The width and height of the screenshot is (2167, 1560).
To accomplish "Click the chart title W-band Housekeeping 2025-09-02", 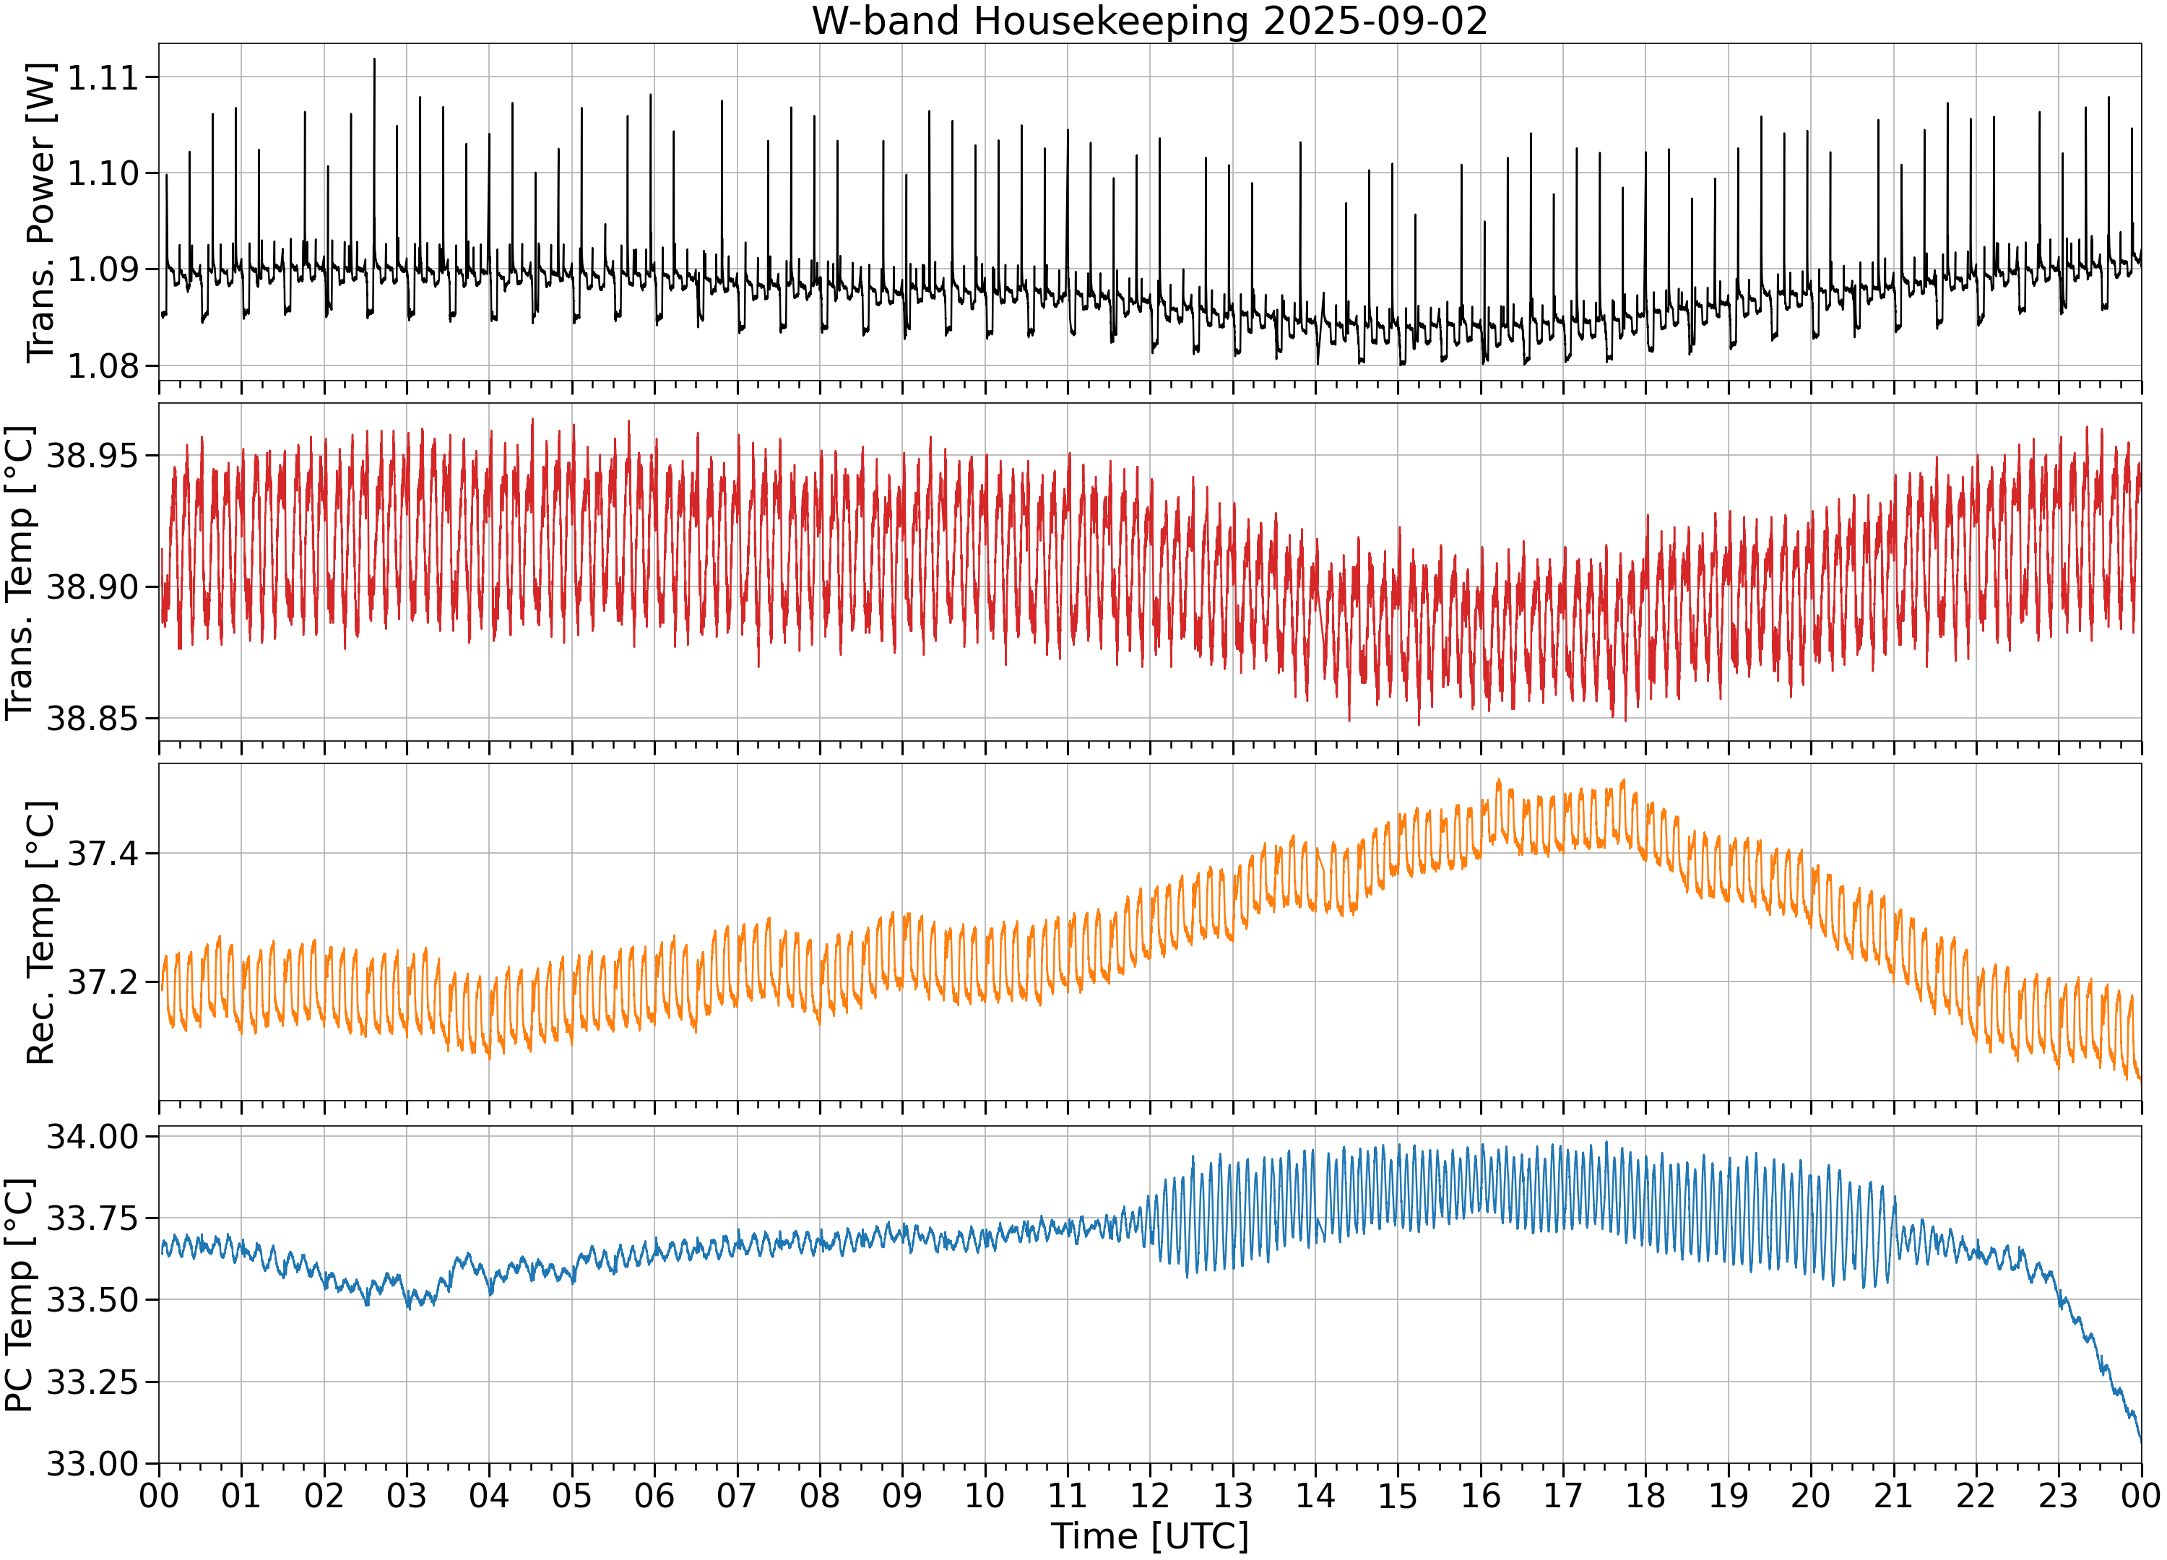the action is (x=1149, y=21).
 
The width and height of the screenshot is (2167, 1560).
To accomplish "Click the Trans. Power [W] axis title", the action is (x=40, y=213).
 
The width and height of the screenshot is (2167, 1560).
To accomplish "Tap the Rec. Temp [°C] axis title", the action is (x=40, y=932).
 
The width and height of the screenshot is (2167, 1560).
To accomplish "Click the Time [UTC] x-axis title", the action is (x=1149, y=1536).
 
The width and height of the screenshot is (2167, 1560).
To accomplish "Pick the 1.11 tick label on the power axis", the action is (x=103, y=77).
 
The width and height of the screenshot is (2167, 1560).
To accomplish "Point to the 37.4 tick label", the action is (x=103, y=853).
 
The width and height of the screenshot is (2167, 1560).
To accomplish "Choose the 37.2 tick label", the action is (x=103, y=982).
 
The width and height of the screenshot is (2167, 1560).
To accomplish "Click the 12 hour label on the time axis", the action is (x=1149, y=1495).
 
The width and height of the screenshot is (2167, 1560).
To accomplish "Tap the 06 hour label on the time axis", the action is (x=654, y=1495).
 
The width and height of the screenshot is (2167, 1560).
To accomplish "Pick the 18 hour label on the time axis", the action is (x=1645, y=1495).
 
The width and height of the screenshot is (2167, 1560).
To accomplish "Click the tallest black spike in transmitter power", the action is (x=375, y=60).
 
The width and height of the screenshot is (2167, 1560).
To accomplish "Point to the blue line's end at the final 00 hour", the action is (x=2141, y=1441).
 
